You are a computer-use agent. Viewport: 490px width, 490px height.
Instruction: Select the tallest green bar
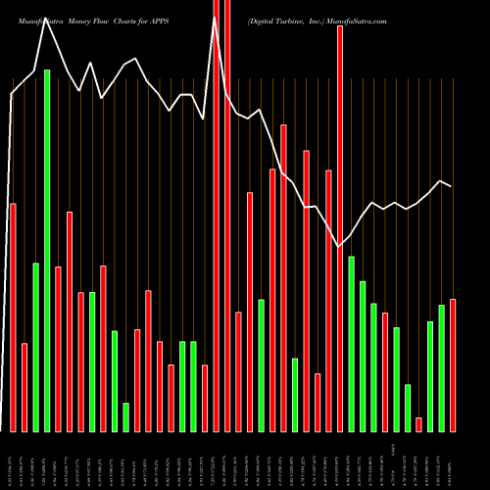point(47,250)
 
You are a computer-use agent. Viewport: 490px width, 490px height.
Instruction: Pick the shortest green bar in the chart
point(126,416)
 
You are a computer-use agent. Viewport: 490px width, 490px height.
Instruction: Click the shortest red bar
point(418,423)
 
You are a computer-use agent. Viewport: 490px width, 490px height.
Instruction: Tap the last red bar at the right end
point(453,365)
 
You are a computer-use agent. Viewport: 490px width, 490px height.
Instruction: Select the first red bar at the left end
point(13,317)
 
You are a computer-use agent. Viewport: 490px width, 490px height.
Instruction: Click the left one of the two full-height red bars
point(217,216)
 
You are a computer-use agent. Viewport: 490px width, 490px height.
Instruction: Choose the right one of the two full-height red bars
point(227,216)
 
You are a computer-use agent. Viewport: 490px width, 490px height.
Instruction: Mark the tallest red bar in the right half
point(340,228)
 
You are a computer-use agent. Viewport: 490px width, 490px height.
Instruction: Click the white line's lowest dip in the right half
point(340,247)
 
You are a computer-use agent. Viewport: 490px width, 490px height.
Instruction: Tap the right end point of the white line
point(452,186)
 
